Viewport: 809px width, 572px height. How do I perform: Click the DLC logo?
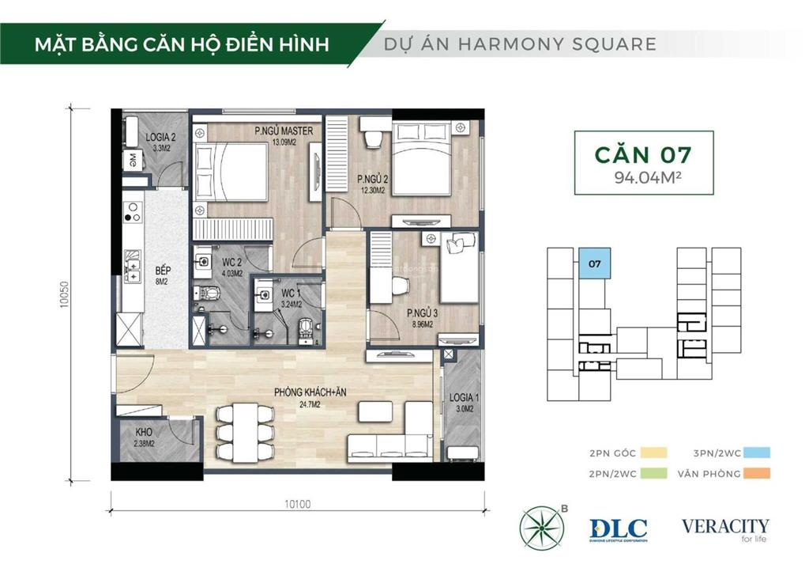[618, 529]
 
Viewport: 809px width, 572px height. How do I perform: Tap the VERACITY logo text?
[725, 527]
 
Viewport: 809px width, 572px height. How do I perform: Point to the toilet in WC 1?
[304, 328]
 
